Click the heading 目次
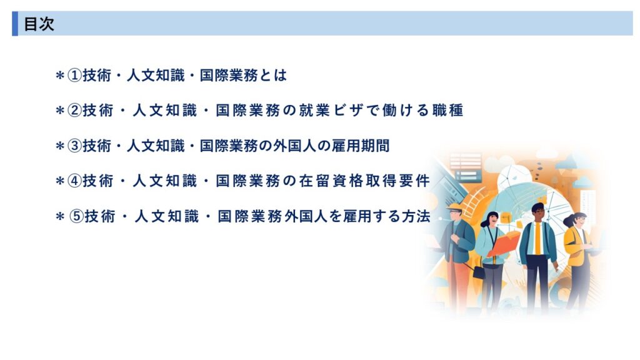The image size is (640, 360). point(39,24)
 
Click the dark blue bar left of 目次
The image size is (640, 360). point(15,24)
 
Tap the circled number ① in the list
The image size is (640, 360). point(74,76)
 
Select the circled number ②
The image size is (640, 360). point(74,111)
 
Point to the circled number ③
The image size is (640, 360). point(74,146)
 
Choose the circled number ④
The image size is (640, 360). point(74,181)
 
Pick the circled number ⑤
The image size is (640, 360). point(76,216)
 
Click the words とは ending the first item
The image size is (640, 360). point(273,76)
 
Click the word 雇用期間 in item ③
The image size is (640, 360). point(361,146)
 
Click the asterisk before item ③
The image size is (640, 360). point(60,146)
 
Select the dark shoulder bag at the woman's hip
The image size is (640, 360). point(479,272)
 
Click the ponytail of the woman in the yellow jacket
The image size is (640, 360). point(569,221)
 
